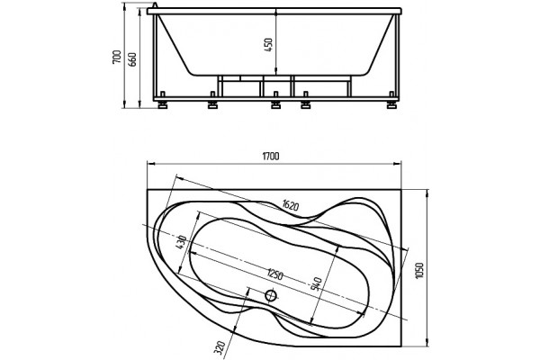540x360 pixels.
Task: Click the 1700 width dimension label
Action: (271, 156)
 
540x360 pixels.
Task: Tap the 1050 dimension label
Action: (419, 271)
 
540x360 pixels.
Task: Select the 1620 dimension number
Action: (289, 205)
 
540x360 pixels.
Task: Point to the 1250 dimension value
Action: (274, 274)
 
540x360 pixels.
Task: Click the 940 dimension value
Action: (316, 283)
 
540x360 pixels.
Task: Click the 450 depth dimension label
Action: (268, 45)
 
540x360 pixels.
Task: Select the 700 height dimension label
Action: (117, 57)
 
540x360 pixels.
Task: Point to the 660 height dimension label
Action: (132, 59)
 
